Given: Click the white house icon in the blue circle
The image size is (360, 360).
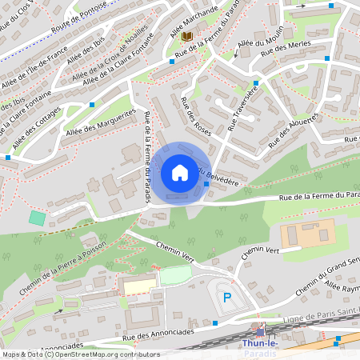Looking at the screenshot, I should (x=180, y=173).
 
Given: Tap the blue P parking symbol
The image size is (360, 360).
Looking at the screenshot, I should (x=227, y=297).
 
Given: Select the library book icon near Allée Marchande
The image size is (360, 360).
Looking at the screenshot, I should (x=187, y=37).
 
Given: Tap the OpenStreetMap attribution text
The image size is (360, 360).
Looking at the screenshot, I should (x=80, y=354).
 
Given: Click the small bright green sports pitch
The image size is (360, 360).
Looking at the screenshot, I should (x=37, y=218).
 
